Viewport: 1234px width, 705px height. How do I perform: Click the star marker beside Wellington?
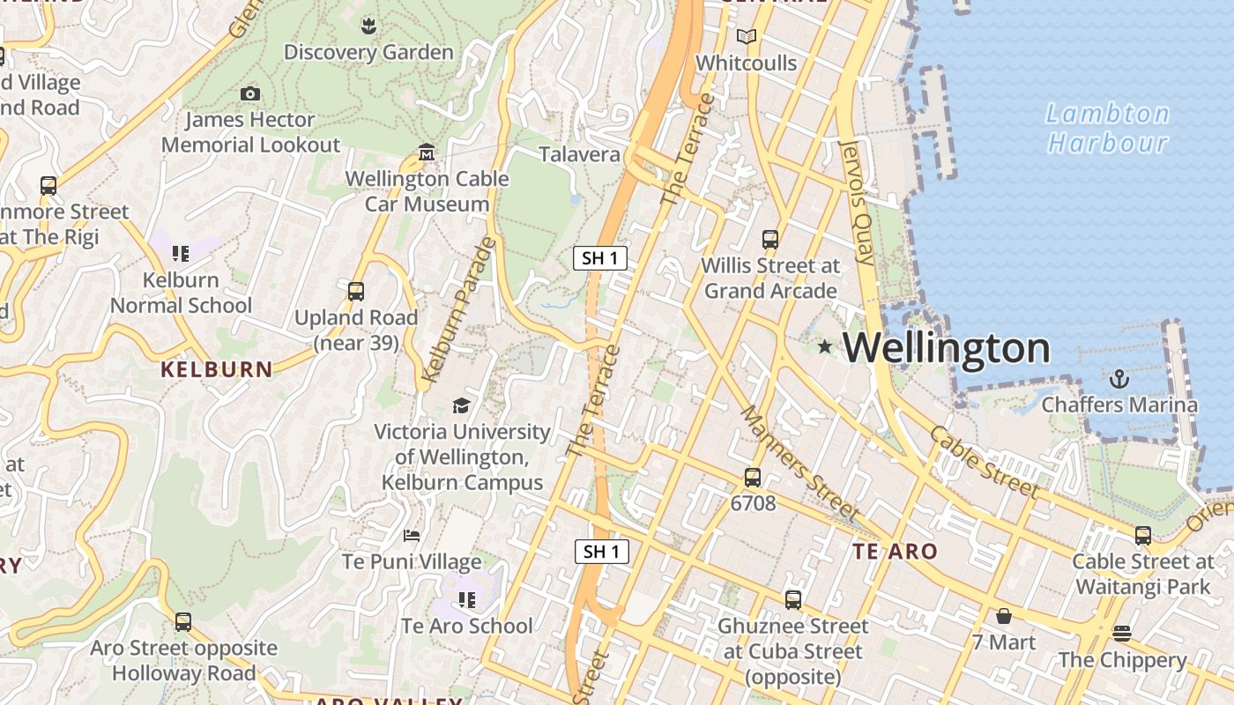[x=825, y=347]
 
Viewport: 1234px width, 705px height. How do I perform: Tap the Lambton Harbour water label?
[x=1107, y=128]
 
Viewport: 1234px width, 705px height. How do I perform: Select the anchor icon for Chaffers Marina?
[x=1119, y=380]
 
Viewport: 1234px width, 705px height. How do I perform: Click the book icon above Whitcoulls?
[x=746, y=37]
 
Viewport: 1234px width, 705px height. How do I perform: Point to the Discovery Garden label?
[x=368, y=52]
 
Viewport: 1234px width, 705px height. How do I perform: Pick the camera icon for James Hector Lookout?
[x=250, y=93]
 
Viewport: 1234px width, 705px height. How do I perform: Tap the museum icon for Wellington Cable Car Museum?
[x=427, y=152]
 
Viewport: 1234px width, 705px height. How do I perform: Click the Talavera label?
[x=579, y=154]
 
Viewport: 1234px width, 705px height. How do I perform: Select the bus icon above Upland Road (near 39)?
[x=356, y=292]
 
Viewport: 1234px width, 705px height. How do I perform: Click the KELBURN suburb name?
[x=217, y=369]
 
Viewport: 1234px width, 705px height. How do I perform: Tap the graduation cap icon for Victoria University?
[x=461, y=405]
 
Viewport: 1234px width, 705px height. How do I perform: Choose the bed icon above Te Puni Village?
[x=412, y=535]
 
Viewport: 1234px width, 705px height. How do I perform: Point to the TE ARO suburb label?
[x=895, y=552]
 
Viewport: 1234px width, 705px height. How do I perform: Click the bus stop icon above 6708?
[x=752, y=478]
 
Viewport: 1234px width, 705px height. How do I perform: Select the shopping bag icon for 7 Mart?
[x=1003, y=615]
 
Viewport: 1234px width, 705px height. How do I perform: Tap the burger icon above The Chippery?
[x=1121, y=633]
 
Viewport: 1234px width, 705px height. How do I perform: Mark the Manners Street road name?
[x=799, y=462]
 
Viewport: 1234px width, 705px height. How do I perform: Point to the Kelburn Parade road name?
[x=458, y=309]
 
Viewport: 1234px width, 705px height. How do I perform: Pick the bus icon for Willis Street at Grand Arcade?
[x=769, y=239]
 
